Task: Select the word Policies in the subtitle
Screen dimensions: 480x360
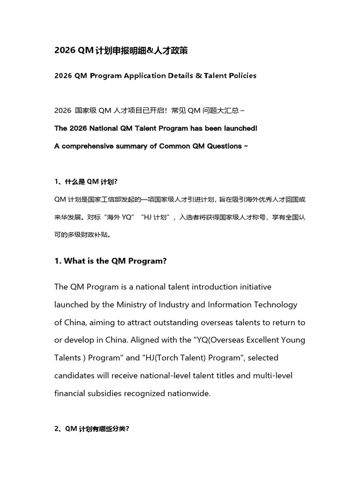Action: (240, 75)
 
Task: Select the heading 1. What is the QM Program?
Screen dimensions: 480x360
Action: (111, 261)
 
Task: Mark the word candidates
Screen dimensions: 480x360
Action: (74, 375)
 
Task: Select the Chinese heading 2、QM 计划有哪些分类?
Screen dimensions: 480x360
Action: (92, 428)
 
